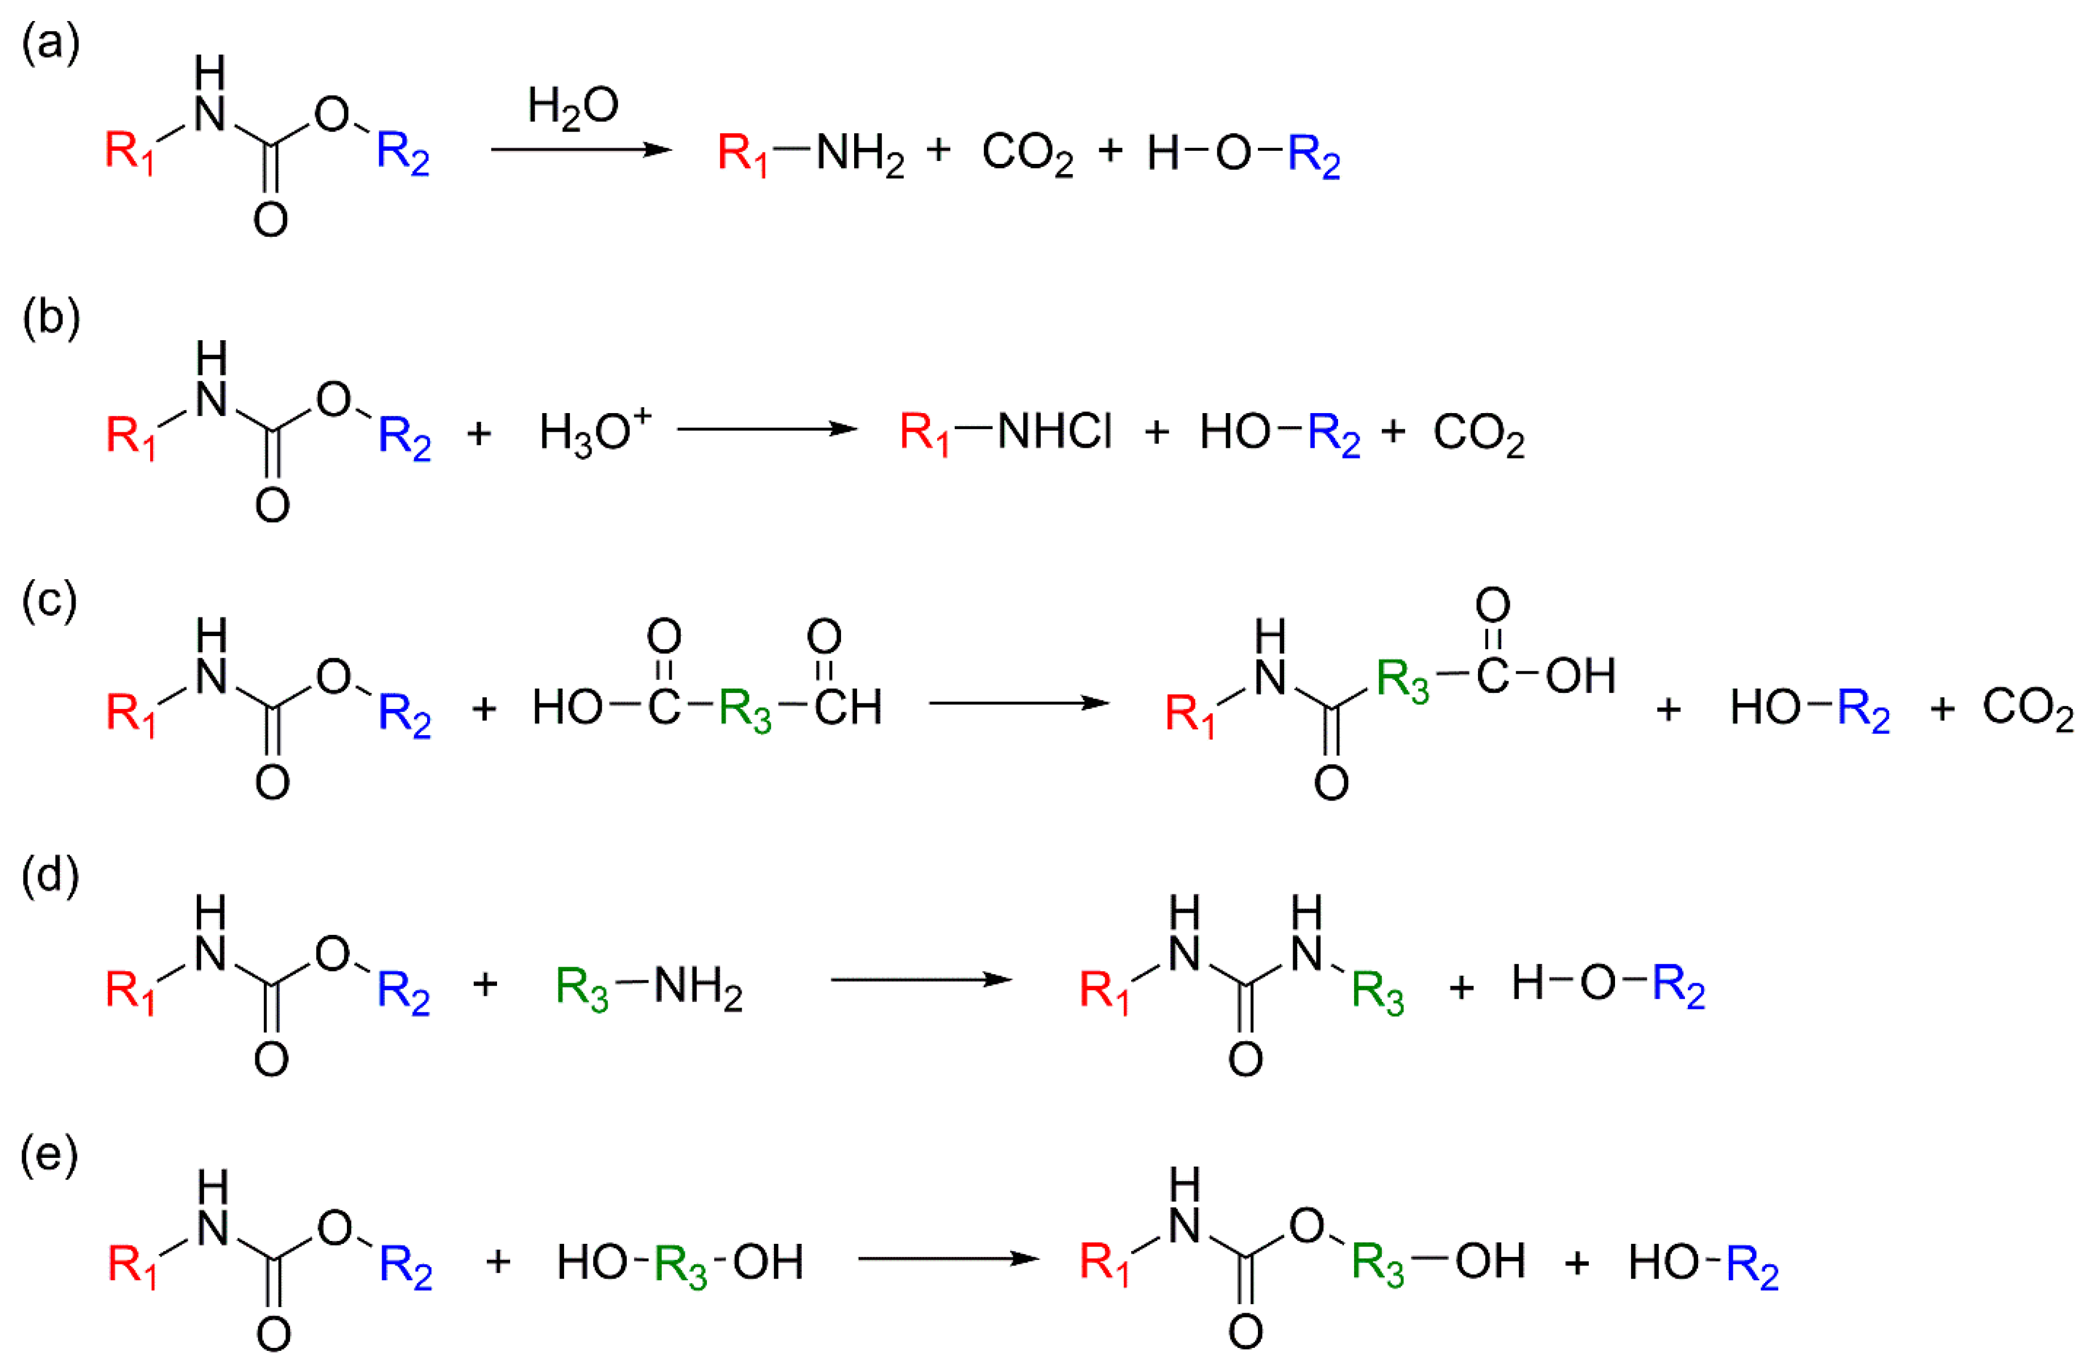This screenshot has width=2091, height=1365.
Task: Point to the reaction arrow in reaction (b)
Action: [767, 429]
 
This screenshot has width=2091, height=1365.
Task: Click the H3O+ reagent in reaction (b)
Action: [594, 431]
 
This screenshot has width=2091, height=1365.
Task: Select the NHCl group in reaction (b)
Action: [1054, 431]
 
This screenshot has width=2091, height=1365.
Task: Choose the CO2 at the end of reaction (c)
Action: [2028, 708]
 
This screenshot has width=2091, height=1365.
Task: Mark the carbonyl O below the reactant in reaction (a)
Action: [271, 220]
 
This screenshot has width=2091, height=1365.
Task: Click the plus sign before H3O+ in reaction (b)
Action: [479, 432]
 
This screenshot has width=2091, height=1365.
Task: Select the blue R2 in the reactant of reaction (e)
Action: [405, 1268]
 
